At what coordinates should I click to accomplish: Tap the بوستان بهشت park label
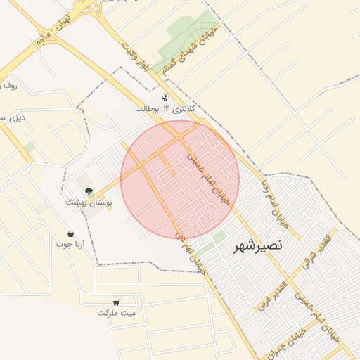point(89,202)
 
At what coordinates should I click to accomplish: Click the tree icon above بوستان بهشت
point(89,191)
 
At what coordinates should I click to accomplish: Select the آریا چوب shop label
point(70,244)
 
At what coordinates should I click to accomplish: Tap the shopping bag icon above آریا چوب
point(70,233)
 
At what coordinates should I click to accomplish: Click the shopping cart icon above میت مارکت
point(116,302)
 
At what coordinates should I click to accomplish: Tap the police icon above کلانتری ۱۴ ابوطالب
point(165,98)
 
